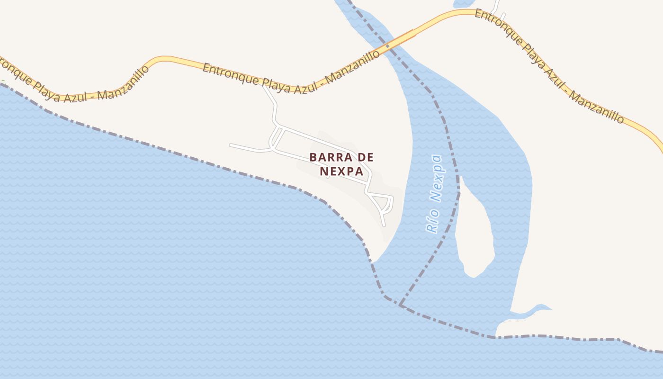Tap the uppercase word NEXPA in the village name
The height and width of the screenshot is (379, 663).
pos(341,171)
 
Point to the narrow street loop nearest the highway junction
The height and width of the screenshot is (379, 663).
pos(276,137)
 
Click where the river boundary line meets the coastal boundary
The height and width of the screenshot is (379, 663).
pos(400,305)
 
